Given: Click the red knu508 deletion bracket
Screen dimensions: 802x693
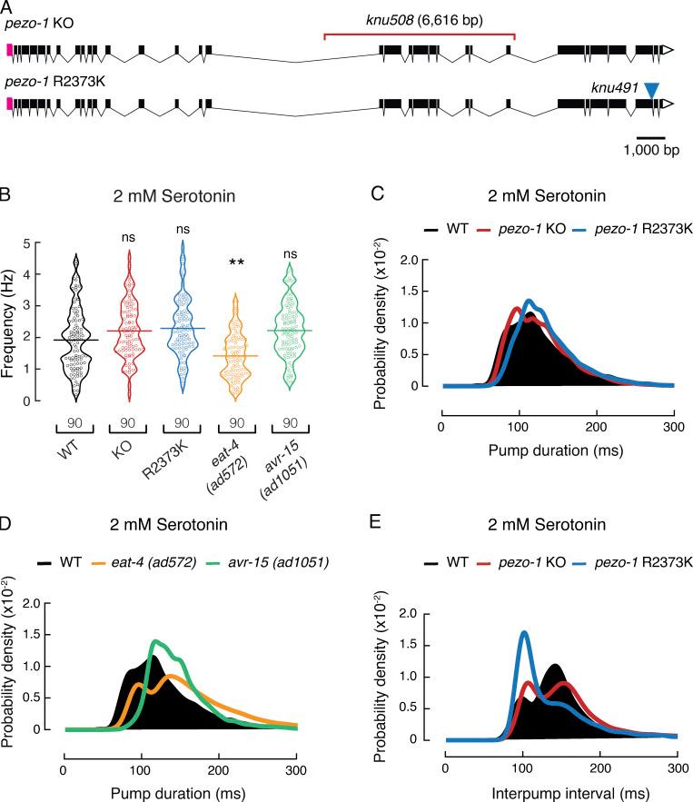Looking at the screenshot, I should (x=419, y=37).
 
